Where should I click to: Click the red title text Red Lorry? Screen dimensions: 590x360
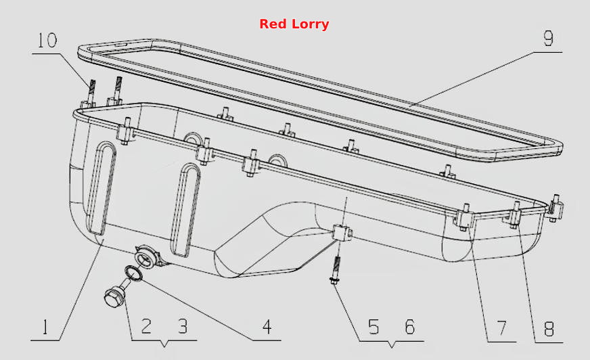[294, 24]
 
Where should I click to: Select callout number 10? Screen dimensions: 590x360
[47, 40]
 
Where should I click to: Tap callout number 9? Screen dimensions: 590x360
[549, 39]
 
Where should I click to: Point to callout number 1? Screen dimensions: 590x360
[45, 327]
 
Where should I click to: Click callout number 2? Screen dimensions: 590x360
[146, 326]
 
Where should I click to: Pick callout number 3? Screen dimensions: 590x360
[183, 326]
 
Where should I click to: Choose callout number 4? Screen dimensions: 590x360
[267, 327]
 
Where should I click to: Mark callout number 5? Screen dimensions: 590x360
[373, 327]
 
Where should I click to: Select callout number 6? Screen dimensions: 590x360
[410, 327]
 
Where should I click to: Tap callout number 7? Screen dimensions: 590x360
[502, 328]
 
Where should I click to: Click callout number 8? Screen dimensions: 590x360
[549, 329]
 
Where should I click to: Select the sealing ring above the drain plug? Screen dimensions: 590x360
[133, 273]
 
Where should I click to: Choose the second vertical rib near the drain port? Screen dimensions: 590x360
[185, 210]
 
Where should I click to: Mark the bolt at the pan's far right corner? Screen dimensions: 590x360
[555, 208]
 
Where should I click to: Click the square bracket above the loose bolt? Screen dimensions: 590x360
[342, 233]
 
